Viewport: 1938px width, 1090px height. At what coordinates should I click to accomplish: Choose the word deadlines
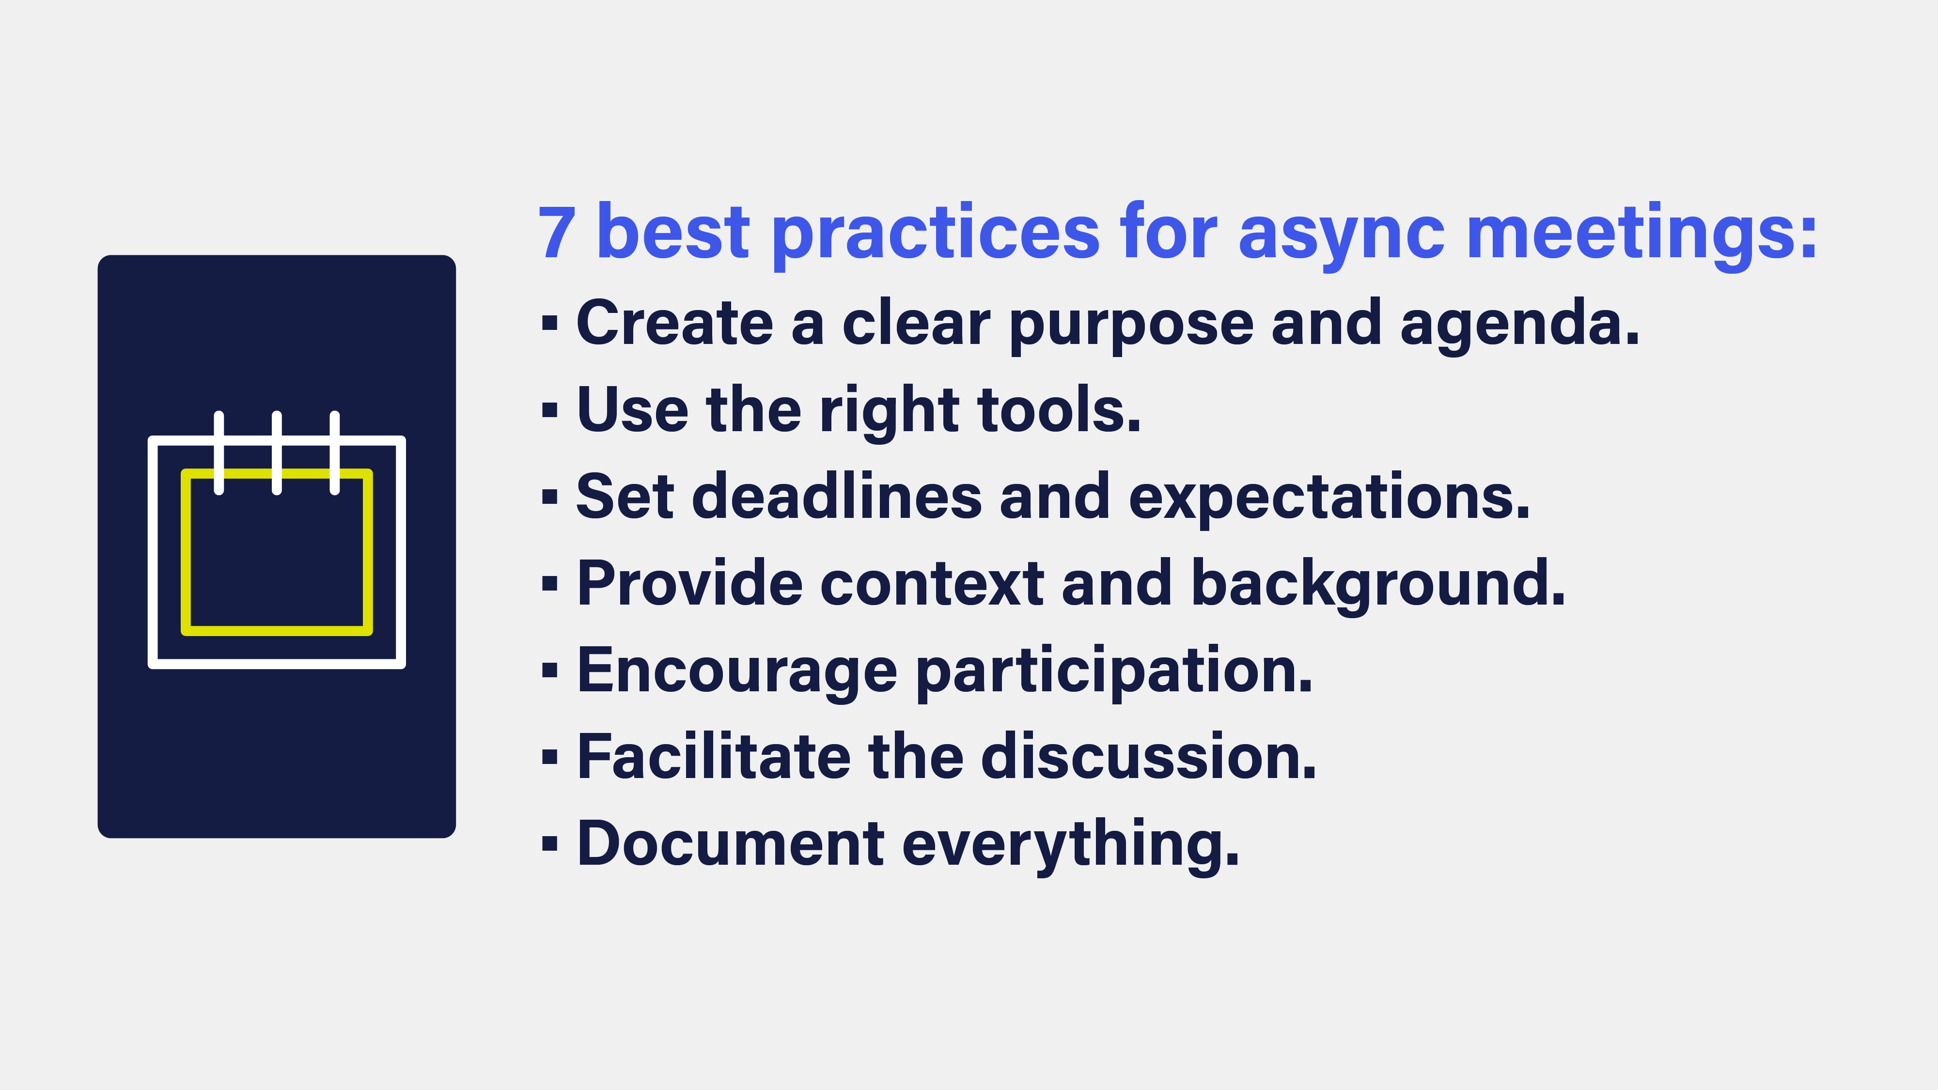coord(837,497)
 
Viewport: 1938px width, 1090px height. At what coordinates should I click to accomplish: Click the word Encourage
coord(737,671)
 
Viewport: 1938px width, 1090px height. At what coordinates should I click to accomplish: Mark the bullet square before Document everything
coord(549,844)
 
